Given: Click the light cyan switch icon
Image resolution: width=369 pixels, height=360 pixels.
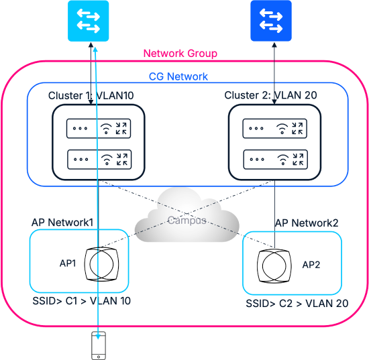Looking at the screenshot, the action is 89,21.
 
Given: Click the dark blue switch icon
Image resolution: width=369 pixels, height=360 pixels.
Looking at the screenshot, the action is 271,21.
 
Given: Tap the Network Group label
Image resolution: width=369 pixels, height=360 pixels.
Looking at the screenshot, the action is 180,54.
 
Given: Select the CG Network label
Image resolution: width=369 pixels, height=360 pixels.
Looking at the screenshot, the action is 178,76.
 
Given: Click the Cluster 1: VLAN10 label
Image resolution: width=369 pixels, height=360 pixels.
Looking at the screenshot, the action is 91,96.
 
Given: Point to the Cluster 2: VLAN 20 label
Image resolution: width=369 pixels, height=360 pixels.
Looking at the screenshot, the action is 270,95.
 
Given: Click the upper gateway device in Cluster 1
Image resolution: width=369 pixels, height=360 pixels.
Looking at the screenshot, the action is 99,129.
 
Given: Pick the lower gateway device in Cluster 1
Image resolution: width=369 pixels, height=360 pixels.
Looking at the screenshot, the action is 99,160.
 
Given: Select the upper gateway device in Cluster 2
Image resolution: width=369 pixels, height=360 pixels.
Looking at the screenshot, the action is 275,129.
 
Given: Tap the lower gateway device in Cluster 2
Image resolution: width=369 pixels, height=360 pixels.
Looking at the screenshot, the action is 276,160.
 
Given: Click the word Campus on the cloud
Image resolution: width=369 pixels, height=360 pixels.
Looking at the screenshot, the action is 187,221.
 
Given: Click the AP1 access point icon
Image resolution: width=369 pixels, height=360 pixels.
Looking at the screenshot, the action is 102,264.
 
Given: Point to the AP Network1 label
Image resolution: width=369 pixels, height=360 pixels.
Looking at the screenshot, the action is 62,223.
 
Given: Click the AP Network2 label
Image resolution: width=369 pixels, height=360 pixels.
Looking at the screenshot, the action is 307,223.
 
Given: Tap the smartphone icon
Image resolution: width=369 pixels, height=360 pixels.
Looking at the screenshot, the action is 99,345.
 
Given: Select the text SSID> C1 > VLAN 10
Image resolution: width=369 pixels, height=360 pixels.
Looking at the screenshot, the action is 81,301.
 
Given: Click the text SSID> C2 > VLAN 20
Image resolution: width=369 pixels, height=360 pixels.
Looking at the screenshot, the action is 297,304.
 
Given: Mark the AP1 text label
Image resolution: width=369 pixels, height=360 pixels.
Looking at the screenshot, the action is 68,263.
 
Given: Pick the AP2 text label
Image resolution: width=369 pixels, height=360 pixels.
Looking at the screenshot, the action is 311,265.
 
